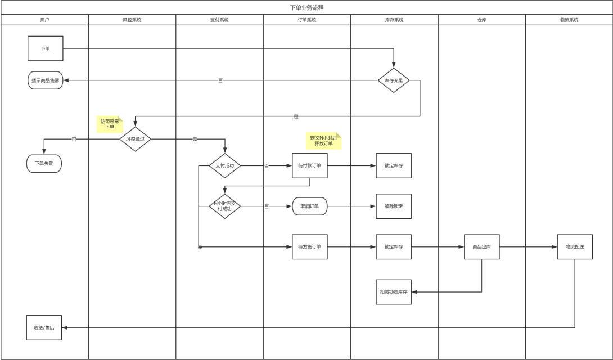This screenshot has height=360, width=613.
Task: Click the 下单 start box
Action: pos(45,48)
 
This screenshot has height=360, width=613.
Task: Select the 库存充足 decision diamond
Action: pos(394,80)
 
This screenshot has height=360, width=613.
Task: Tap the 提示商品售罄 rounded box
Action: pos(45,80)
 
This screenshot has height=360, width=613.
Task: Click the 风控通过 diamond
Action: pos(135,139)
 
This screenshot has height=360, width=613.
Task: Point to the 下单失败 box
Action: pos(44,163)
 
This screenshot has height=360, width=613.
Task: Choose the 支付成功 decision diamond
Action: pos(225,165)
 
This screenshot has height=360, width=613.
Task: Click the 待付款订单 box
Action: pos(309,165)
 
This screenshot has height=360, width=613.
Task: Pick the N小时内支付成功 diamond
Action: pos(225,206)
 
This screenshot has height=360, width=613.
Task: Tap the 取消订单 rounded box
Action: pos(309,206)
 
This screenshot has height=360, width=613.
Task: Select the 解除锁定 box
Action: pos(394,206)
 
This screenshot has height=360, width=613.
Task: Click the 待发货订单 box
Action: pos(309,246)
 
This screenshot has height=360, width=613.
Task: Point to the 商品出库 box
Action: pos(481,246)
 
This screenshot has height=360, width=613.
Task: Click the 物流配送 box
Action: pos(575,246)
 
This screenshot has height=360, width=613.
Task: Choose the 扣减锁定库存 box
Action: pos(394,291)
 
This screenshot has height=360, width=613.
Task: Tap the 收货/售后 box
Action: pos(44,327)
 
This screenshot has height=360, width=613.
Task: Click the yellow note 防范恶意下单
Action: pos(110,124)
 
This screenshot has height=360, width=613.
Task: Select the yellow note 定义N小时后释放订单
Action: pos(323,141)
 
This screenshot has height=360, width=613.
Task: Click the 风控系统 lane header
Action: pos(132,20)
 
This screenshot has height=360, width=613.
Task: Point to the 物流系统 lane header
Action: pos(569,20)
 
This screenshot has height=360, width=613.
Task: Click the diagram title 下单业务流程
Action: pos(306,7)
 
